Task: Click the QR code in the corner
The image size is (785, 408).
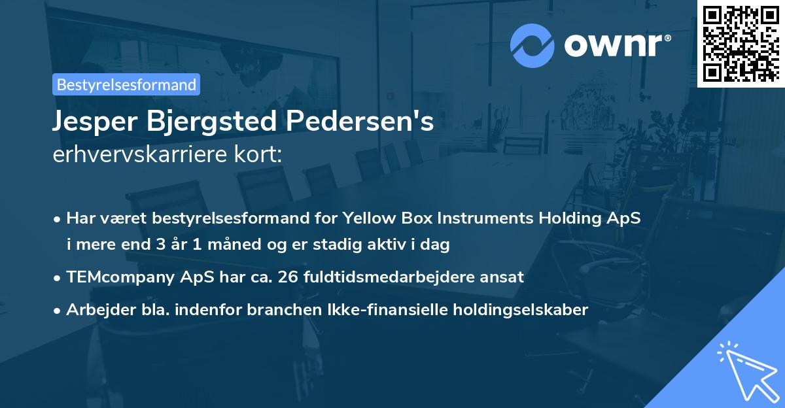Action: [x=741, y=43]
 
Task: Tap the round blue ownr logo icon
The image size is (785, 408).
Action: [x=532, y=45]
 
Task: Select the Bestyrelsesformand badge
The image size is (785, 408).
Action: [x=126, y=84]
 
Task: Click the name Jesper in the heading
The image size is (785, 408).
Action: [x=92, y=122]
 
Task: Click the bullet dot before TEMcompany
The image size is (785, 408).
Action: [x=59, y=277]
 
